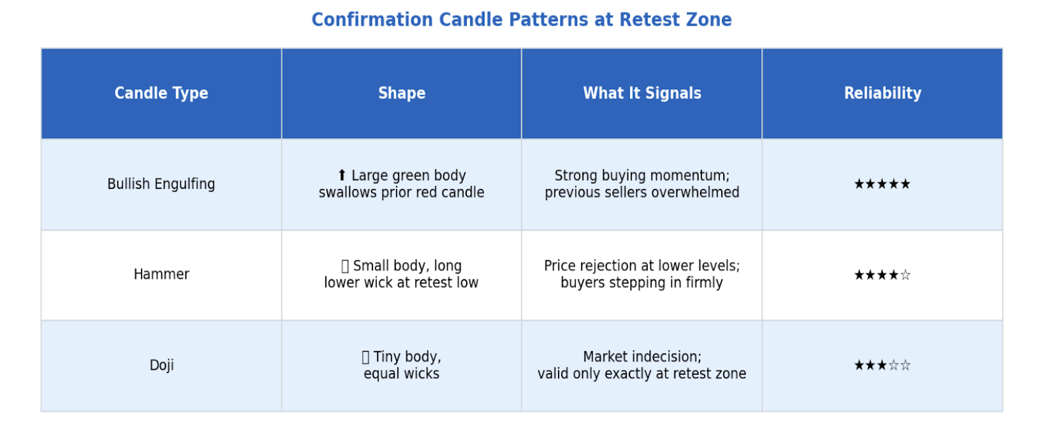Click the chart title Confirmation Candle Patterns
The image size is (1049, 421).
522,20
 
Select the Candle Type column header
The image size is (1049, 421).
161,93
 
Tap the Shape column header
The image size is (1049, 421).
402,93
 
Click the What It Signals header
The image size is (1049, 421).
642,93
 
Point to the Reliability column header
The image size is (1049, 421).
882,93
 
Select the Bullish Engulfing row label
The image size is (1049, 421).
161,184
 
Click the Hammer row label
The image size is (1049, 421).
161,274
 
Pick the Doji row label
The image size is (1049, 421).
161,365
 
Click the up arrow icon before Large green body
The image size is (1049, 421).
342,175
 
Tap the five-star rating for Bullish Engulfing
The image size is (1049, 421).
882,184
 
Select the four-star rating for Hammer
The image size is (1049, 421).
882,274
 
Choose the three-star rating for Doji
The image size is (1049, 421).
882,365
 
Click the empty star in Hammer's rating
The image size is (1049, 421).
905,274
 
